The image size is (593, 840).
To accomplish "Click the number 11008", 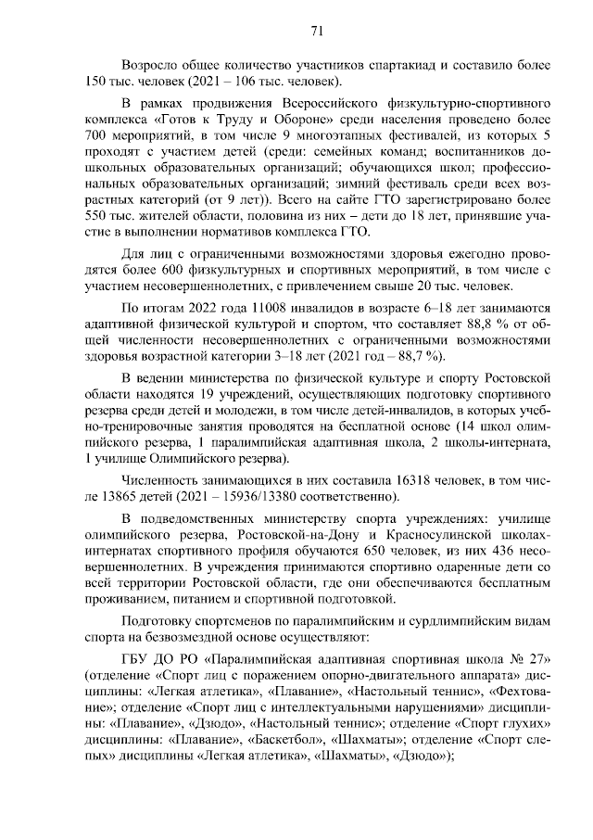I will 242,307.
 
